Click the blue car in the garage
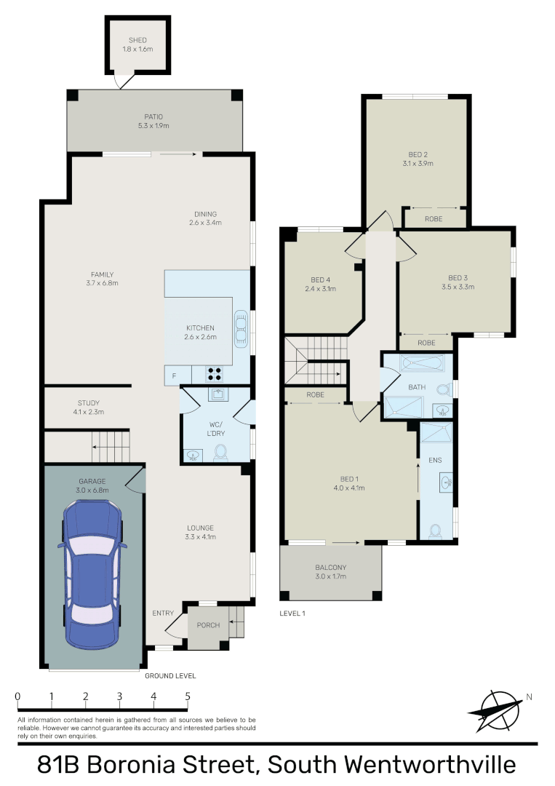[x=92, y=575]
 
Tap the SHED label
[x=137, y=41]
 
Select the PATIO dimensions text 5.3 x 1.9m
[x=153, y=126]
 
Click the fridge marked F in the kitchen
[x=173, y=375]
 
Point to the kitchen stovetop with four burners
[x=215, y=374]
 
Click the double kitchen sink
[x=241, y=328]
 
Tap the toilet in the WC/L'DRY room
[x=220, y=453]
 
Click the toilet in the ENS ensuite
[x=436, y=531]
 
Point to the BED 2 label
[x=417, y=154]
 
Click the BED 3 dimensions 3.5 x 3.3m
[x=457, y=287]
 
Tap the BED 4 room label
[x=320, y=279]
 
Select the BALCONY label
[x=330, y=567]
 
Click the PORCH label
[x=208, y=625]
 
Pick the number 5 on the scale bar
[x=188, y=696]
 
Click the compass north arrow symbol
[x=498, y=708]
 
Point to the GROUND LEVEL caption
[x=170, y=676]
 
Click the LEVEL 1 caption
[x=292, y=614]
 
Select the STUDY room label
[x=89, y=402]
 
